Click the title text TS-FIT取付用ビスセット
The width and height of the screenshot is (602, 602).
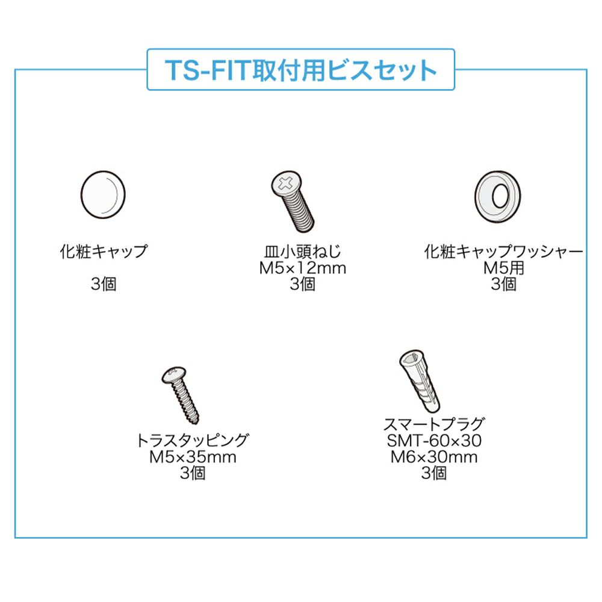coord(300,70)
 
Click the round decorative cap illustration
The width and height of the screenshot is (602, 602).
coord(103,194)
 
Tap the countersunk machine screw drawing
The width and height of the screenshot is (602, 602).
coord(293,201)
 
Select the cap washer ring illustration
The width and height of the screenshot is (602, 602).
coord(498,196)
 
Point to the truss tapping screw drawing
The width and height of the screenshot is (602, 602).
coord(181,395)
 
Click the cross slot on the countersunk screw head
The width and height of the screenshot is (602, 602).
coord(285,183)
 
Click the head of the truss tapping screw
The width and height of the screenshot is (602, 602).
coord(174,374)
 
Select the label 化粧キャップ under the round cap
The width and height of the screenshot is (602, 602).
coord(104,252)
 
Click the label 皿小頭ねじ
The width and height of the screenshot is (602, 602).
coord(303,252)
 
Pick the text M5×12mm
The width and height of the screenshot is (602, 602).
coord(303,268)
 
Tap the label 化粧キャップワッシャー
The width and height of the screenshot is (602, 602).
coord(503,252)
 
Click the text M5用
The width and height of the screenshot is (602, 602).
coord(503,268)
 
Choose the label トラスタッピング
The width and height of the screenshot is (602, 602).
coord(193,440)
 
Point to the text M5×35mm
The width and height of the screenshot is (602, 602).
coord(193,457)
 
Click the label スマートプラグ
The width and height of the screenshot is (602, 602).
coord(434,424)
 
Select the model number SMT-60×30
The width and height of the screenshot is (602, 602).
coord(434,441)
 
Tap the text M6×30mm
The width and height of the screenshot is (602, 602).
coord(434,457)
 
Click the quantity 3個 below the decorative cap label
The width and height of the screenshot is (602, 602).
coord(104,284)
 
